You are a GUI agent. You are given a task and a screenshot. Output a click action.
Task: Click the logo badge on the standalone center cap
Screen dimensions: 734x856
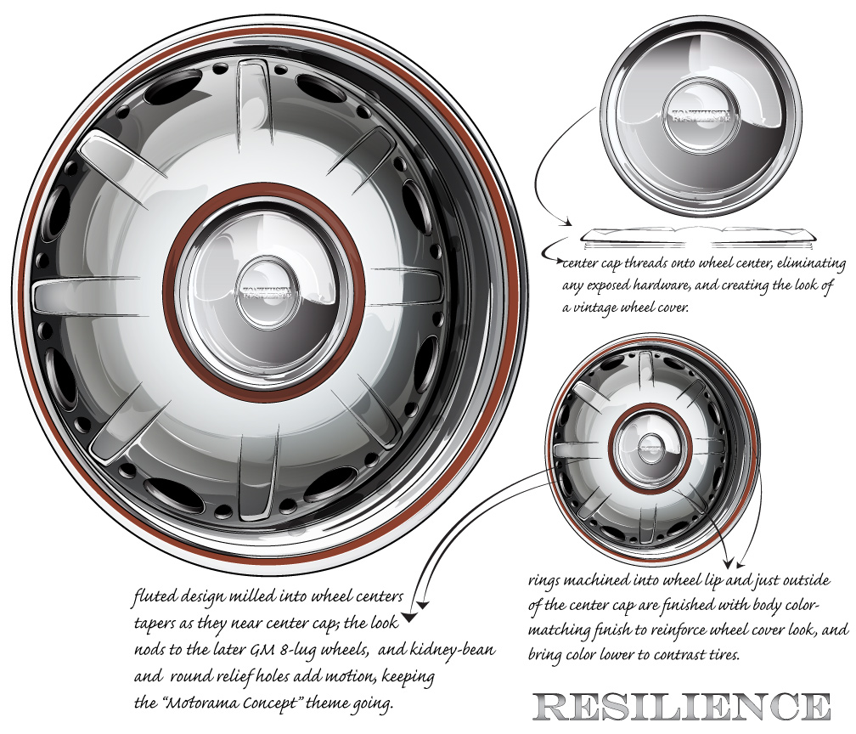click(x=701, y=116)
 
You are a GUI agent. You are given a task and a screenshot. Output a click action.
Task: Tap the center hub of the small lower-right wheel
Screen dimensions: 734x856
click(x=651, y=443)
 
